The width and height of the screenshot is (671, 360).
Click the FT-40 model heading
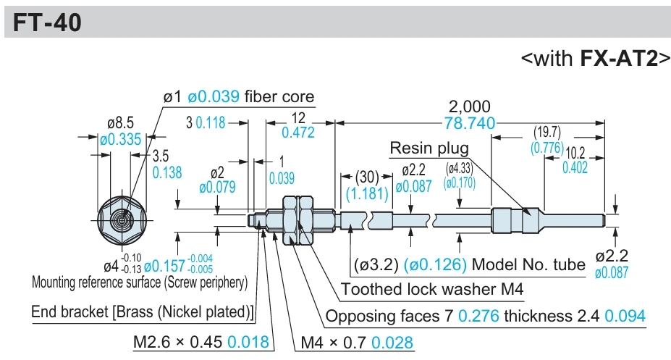click(47, 22)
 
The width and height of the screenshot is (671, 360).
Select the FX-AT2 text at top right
click(618, 58)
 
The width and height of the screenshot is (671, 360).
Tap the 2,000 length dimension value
click(470, 106)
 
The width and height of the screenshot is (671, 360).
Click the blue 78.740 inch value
click(470, 123)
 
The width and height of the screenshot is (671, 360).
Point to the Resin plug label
click(429, 148)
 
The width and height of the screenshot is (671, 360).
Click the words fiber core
click(279, 97)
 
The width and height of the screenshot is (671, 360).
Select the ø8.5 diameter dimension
click(120, 123)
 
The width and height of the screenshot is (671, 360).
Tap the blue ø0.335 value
click(120, 139)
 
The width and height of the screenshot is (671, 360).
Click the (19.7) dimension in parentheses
click(547, 132)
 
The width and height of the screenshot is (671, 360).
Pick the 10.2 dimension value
click(575, 153)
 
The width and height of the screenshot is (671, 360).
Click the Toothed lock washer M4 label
click(432, 289)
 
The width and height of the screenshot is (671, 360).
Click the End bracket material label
click(143, 311)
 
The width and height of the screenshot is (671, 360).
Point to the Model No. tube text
click(528, 264)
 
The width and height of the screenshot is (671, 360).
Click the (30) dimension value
click(367, 176)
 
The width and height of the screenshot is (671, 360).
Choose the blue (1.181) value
click(367, 194)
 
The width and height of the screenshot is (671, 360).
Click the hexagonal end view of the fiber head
click(122, 221)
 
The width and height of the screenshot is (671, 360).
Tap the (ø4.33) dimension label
click(460, 168)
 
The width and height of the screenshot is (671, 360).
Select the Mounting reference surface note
click(140, 282)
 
